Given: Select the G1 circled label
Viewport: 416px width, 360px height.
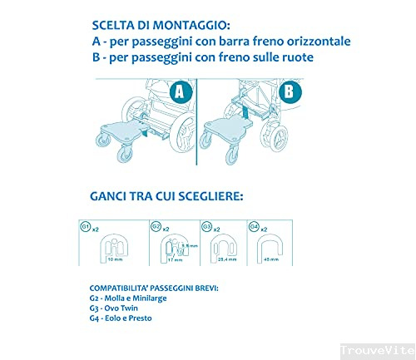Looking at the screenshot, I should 85,226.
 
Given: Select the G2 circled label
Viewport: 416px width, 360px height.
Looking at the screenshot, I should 156,226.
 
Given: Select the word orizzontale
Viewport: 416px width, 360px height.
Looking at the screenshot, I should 311,42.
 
